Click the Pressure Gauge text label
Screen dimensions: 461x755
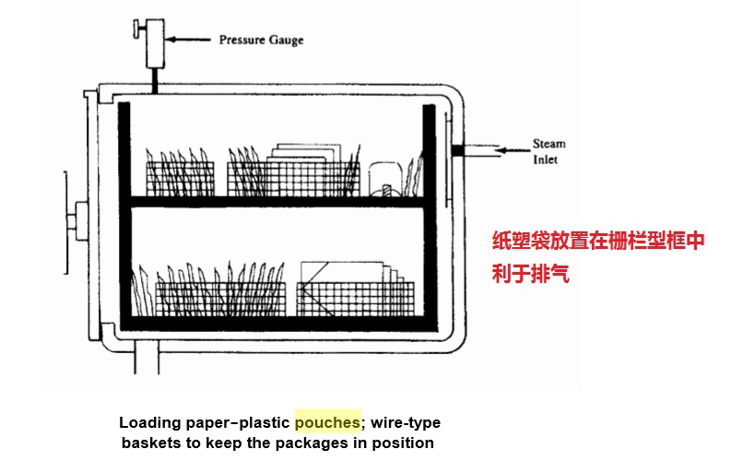[261, 41]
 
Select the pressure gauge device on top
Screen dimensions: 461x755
[154, 38]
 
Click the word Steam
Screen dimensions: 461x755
[549, 144]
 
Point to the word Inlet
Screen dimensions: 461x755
[546, 160]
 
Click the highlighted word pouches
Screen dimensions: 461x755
[327, 423]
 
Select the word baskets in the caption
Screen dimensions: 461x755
[152, 443]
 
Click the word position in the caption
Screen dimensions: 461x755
[404, 443]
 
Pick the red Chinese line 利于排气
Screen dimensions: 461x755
[530, 274]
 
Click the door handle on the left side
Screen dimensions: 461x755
[71, 221]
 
